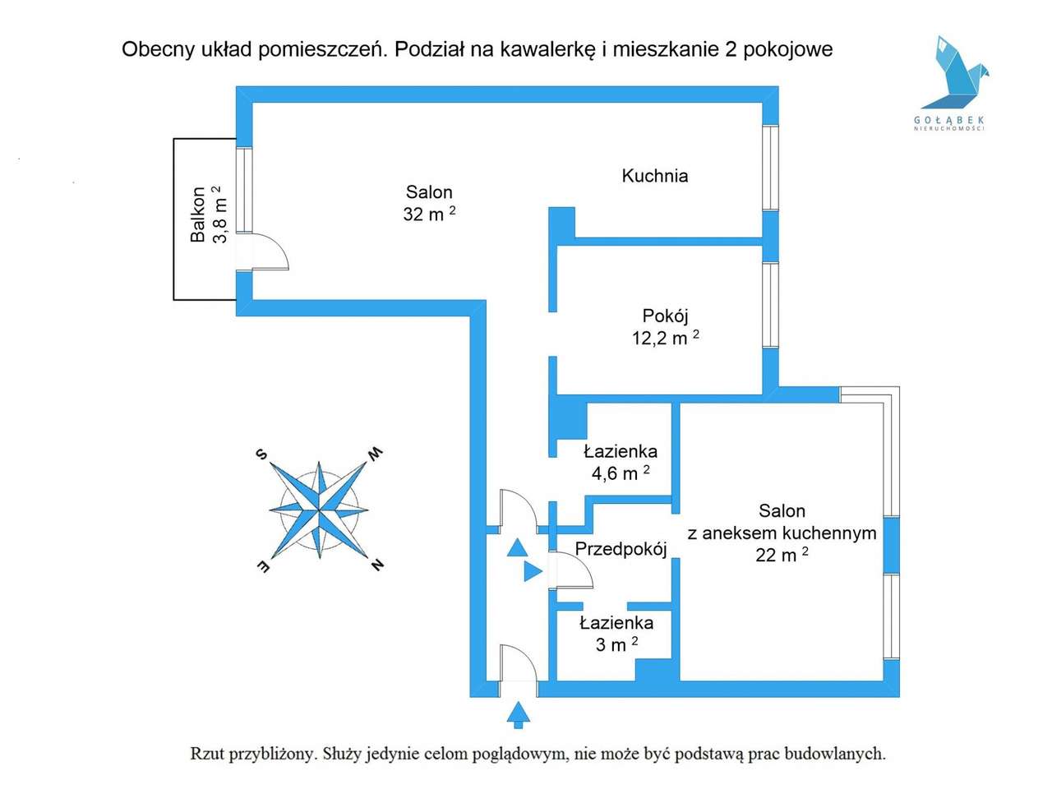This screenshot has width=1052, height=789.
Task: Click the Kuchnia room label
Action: [654, 175]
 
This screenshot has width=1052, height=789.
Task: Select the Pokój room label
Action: [665, 316]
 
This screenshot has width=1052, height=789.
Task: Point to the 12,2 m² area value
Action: [665, 338]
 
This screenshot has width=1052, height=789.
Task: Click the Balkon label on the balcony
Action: [197, 215]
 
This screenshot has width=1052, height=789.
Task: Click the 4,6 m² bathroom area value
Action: [621, 473]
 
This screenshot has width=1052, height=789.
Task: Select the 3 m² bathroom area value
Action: [616, 645]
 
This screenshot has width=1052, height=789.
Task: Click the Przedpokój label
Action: [621, 549]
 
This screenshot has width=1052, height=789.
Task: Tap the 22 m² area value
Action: [782, 555]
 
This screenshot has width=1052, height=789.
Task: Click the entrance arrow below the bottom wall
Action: [517, 714]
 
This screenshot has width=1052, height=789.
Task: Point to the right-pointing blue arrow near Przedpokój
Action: [533, 570]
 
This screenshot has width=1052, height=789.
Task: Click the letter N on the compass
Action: [376, 565]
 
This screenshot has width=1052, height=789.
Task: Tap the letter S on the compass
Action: [261, 454]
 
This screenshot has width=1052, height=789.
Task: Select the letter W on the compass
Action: [375, 454]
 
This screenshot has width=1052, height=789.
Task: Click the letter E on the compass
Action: [262, 566]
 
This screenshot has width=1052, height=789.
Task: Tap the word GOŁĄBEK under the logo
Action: [949, 120]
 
